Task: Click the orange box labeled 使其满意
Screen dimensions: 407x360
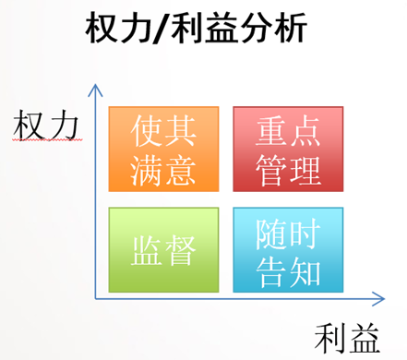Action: tap(163, 150)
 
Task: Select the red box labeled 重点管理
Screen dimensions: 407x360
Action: tap(288, 150)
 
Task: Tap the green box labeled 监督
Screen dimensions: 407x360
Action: tap(163, 250)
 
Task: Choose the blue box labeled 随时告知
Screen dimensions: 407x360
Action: tap(288, 250)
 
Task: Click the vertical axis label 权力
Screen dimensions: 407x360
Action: tap(46, 125)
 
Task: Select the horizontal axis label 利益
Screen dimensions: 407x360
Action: tap(347, 338)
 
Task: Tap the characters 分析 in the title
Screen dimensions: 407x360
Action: tap(272, 28)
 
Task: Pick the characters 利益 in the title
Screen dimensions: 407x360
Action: tap(204, 28)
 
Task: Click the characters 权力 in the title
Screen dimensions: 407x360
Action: tap(118, 28)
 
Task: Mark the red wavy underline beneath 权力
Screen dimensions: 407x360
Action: tap(47, 140)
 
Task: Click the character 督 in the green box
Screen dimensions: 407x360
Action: tap(181, 250)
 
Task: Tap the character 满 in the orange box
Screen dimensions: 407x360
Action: tap(146, 170)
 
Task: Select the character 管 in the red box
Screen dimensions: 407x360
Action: tap(271, 170)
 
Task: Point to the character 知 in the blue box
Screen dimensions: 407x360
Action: tap(305, 272)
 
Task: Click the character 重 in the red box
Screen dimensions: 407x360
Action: tap(271, 130)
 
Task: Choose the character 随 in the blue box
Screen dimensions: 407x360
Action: tap(271, 234)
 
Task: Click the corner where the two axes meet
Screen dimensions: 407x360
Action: tap(95, 298)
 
